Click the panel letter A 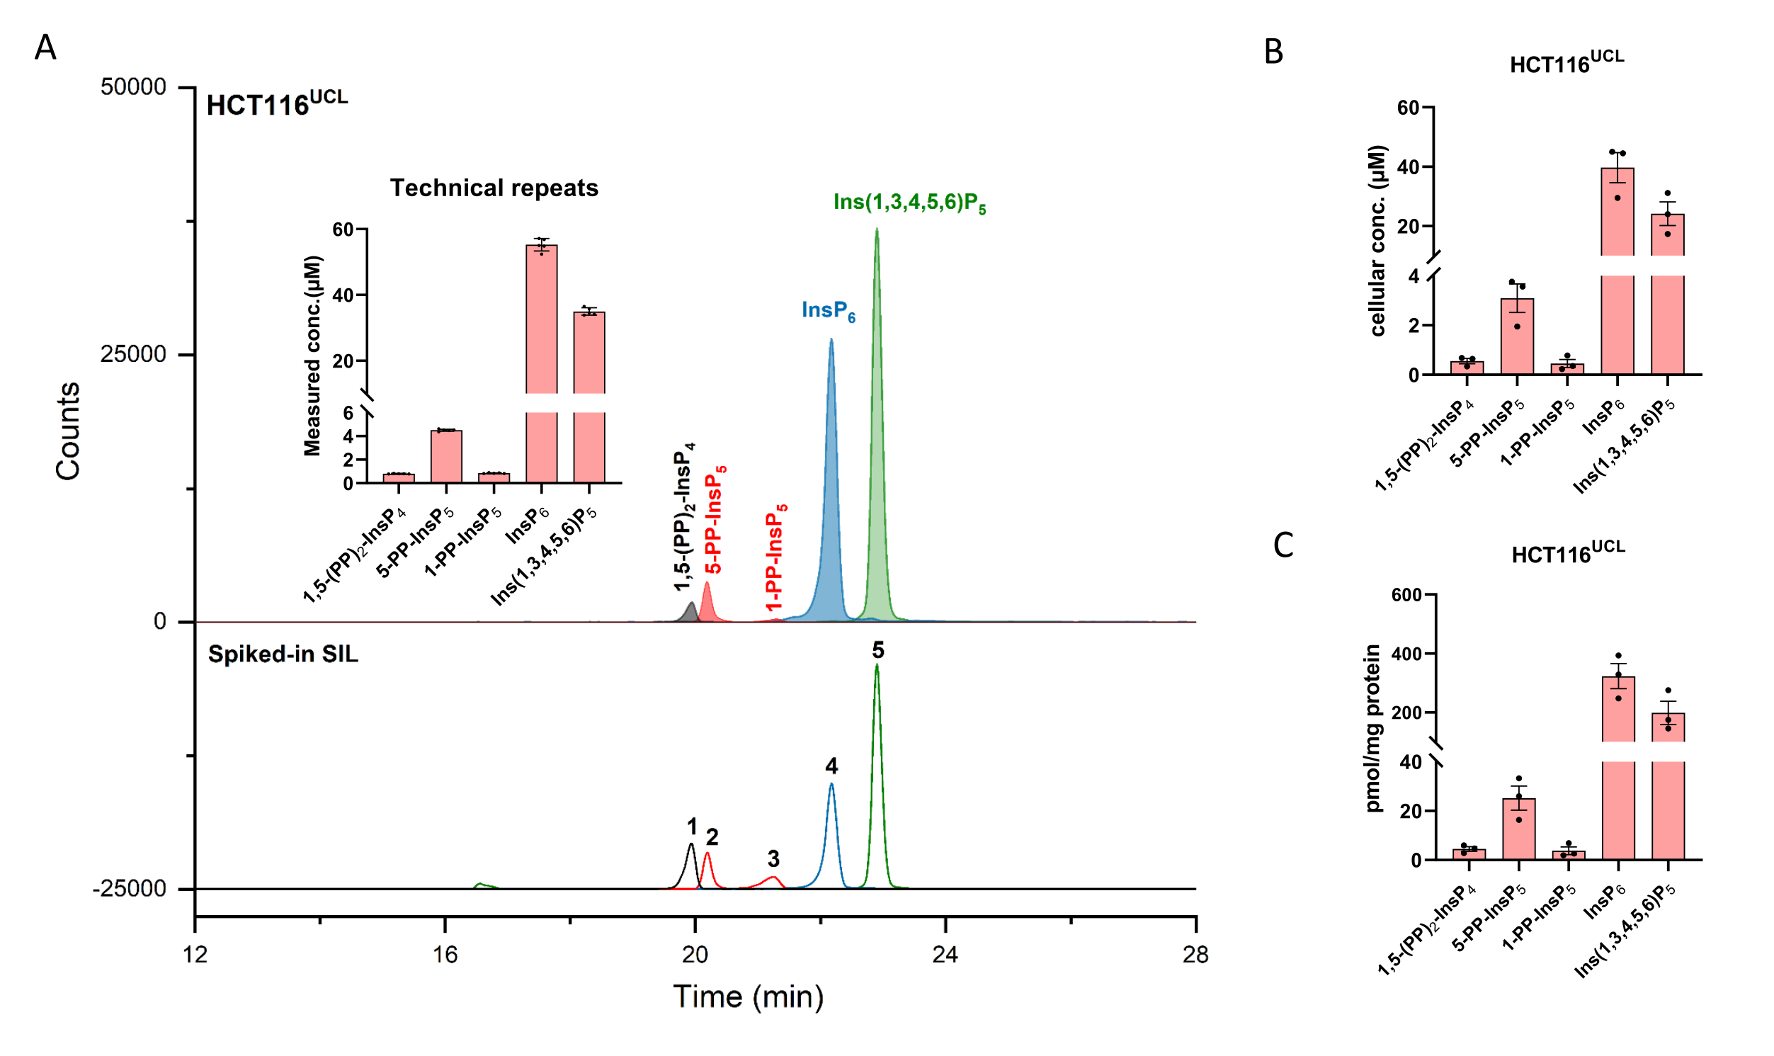45,47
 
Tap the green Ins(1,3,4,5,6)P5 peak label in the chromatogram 909,203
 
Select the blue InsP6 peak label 828,311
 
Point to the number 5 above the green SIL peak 877,650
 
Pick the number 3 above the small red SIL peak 773,859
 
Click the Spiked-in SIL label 283,654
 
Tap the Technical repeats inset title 494,188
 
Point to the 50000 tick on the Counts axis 133,87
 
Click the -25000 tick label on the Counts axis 129,889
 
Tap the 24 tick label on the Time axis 945,955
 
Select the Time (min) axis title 748,997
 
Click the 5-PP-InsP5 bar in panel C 1518,829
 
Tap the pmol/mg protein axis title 1372,728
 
